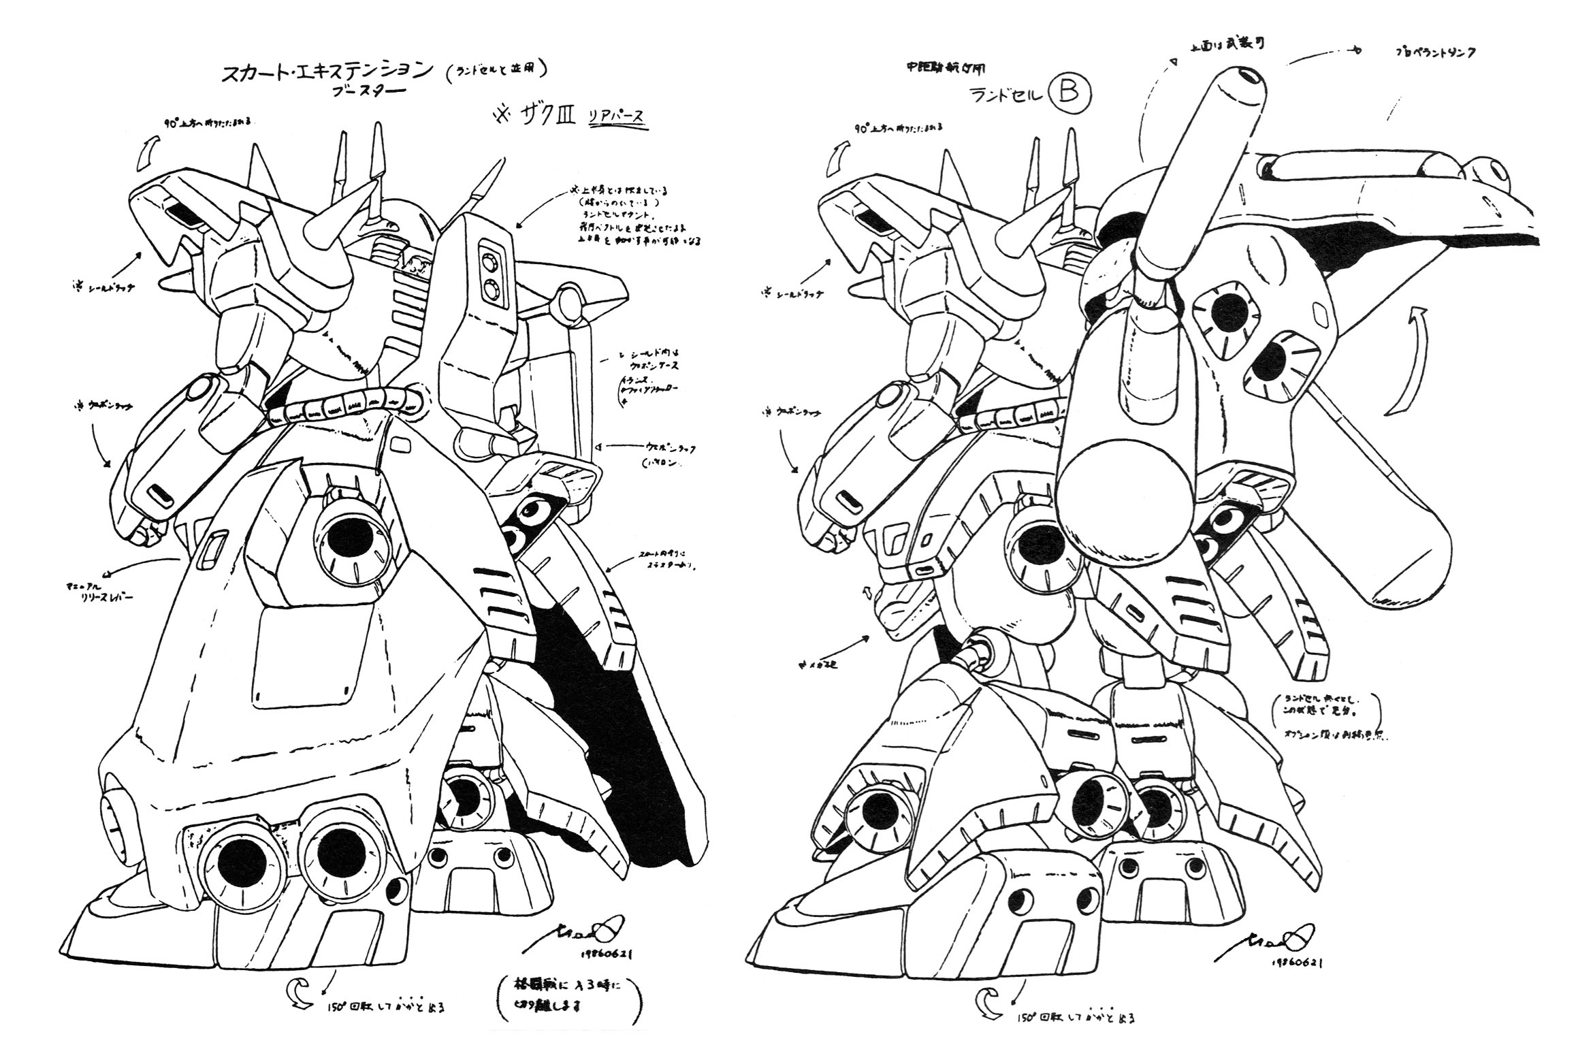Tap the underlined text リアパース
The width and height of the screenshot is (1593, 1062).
click(617, 116)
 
